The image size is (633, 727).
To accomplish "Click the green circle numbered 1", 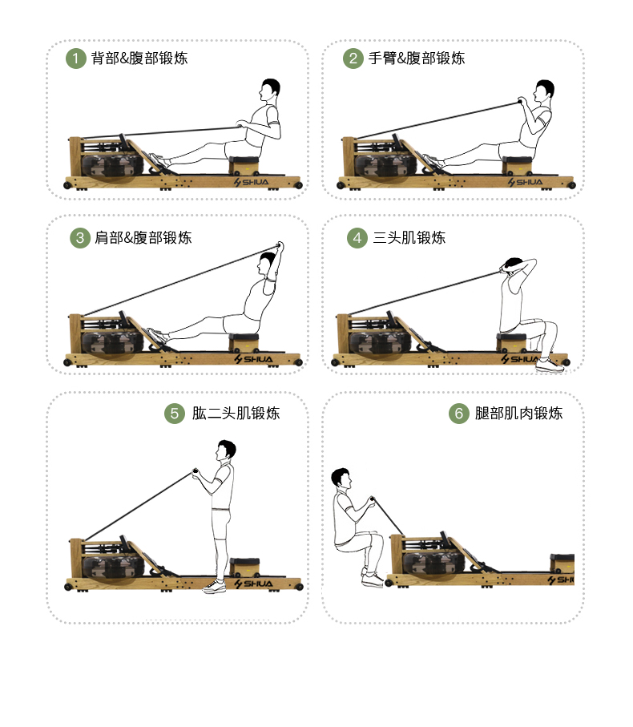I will coord(75,59).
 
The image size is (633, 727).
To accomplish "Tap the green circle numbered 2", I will coord(353,59).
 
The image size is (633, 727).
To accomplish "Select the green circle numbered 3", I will coord(79,238).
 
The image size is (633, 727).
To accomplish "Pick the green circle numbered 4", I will coord(357,238).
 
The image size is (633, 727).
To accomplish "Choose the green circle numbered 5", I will coord(175,414).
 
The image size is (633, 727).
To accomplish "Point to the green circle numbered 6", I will coord(458,414).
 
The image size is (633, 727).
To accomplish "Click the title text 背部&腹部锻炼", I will coord(139,59).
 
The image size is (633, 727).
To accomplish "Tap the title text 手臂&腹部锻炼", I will coord(417,59).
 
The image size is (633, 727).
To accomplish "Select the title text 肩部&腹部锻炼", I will coord(143,238).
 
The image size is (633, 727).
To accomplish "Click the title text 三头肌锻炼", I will coord(409,238).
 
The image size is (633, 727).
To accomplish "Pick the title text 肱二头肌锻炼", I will coord(236,414).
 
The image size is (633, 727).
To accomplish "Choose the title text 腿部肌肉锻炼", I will coord(518,414).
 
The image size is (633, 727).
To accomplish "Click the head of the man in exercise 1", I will coord(270,89).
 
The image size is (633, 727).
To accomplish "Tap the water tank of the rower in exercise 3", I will coord(115,341).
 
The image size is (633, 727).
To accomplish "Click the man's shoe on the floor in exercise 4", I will coord(550,366).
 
